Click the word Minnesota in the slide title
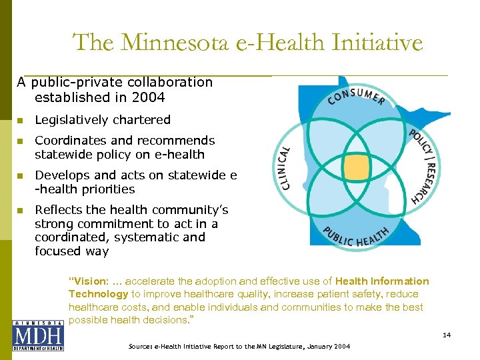169,43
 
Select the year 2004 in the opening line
149,97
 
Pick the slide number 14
447,335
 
